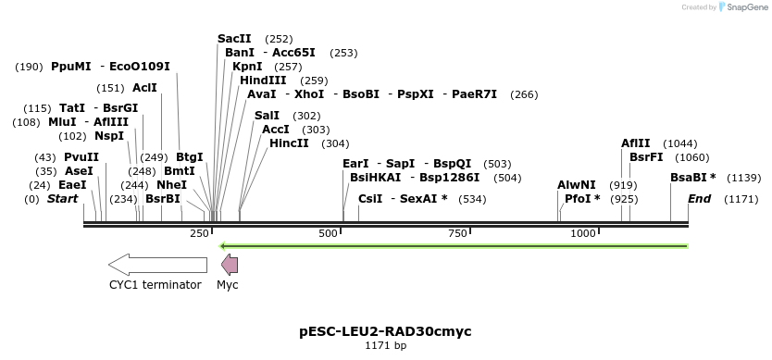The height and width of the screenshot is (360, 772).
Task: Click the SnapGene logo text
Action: pyautogui.click(x=746, y=7)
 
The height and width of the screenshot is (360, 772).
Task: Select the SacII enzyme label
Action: pyautogui.click(x=234, y=39)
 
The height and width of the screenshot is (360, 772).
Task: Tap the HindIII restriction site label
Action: pyautogui.click(x=263, y=81)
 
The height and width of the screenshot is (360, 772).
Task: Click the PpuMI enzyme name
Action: pyautogui.click(x=71, y=67)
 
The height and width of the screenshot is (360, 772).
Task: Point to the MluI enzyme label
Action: pyautogui.click(x=62, y=122)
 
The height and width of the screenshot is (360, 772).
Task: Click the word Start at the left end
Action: pyautogui.click(x=62, y=199)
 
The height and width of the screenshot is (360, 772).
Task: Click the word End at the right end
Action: pyautogui.click(x=699, y=199)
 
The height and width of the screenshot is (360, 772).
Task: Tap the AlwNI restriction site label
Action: pyautogui.click(x=577, y=185)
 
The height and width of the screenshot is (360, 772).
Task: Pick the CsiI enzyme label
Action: pyautogui.click(x=370, y=199)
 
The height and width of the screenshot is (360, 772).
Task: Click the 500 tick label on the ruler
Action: pyautogui.click(x=328, y=233)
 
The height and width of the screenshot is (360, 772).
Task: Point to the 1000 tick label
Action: pyautogui.click(x=582, y=233)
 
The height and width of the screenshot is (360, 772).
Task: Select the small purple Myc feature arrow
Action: pyautogui.click(x=228, y=265)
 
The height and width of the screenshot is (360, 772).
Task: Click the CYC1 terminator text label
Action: pyautogui.click(x=155, y=285)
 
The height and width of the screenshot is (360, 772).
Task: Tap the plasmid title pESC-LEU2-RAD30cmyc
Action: pyautogui.click(x=385, y=330)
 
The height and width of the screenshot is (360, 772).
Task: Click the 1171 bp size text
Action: pyautogui.click(x=385, y=345)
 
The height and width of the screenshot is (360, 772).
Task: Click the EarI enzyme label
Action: pyautogui.click(x=355, y=164)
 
